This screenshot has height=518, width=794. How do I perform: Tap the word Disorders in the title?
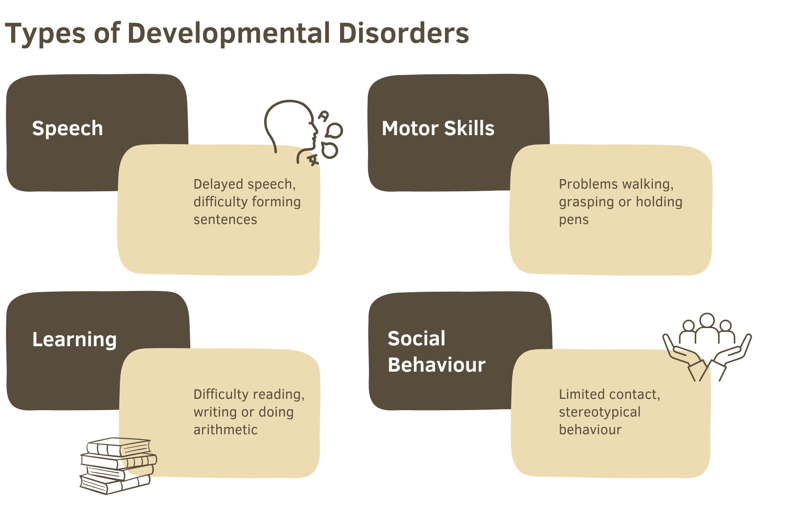coord(403,33)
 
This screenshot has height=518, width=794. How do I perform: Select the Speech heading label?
coord(68,129)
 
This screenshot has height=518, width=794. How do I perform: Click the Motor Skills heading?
coord(438,128)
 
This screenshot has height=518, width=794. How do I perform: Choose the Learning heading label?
coord(75,340)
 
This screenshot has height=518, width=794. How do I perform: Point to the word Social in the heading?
coord(416,338)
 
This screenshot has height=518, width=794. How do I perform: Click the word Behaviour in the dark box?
coord(437,365)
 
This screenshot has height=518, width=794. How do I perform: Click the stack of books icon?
coord(118,466)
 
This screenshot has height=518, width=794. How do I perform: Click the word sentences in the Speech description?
coord(225,220)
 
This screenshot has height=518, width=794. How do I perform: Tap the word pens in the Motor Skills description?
coord(573,221)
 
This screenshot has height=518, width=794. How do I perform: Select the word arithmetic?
coord(225,430)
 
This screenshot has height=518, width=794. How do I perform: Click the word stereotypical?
coord(600,412)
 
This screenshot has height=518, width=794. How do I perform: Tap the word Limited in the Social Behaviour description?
coord(581,394)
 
